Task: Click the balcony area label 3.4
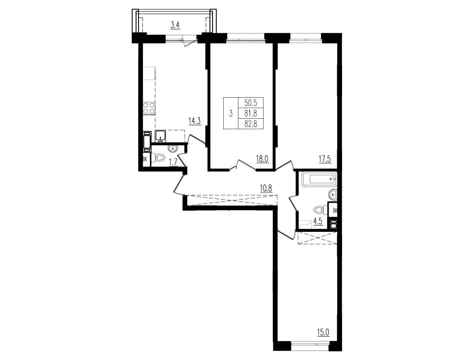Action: click(x=176, y=25)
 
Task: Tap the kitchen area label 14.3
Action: click(x=194, y=121)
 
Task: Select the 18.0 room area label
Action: click(x=262, y=159)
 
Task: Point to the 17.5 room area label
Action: click(x=324, y=159)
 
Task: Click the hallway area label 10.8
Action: click(x=266, y=188)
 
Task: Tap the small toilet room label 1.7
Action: click(x=173, y=162)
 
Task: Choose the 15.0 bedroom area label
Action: click(x=323, y=332)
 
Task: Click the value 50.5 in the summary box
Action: click(x=250, y=103)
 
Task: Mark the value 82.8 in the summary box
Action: click(x=250, y=124)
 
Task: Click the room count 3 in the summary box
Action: click(x=231, y=114)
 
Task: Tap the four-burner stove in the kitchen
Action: click(x=148, y=108)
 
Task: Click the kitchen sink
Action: click(x=160, y=136)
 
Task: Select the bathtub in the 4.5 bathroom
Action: click(x=319, y=179)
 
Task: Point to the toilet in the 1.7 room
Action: click(x=158, y=158)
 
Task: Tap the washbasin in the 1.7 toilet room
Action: click(x=173, y=148)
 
